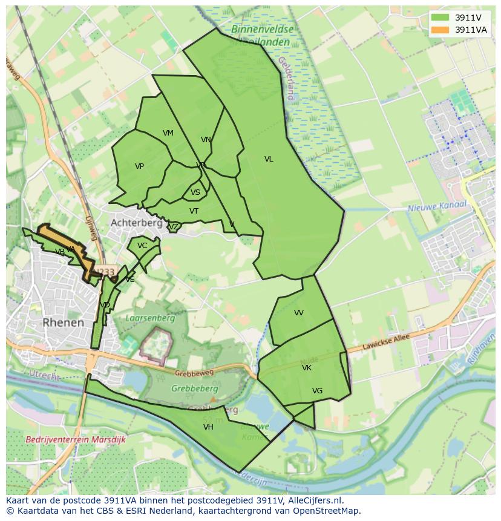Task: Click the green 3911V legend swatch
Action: pyautogui.click(x=440, y=18)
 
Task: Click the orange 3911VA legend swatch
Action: pyautogui.click(x=440, y=30)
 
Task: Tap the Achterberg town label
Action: pyautogui.click(x=136, y=223)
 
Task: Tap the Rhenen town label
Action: pyautogui.click(x=63, y=323)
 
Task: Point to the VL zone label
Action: pyautogui.click(x=269, y=159)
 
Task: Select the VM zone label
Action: pyautogui.click(x=168, y=133)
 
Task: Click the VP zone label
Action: pyautogui.click(x=139, y=166)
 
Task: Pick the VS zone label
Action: pyautogui.click(x=195, y=193)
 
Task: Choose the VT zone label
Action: pyautogui.click(x=194, y=211)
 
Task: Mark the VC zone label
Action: pyautogui.click(x=142, y=246)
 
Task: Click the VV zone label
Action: pyautogui.click(x=299, y=313)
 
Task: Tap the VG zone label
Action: pyautogui.click(x=317, y=391)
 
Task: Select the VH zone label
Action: pyautogui.click(x=208, y=427)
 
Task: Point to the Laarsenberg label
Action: pyautogui.click(x=150, y=318)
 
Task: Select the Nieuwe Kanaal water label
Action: pyautogui.click(x=437, y=206)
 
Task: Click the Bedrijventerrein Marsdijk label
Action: pyautogui.click(x=76, y=440)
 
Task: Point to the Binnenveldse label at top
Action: pyautogui.click(x=262, y=28)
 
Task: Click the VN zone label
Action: pyautogui.click(x=206, y=140)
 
